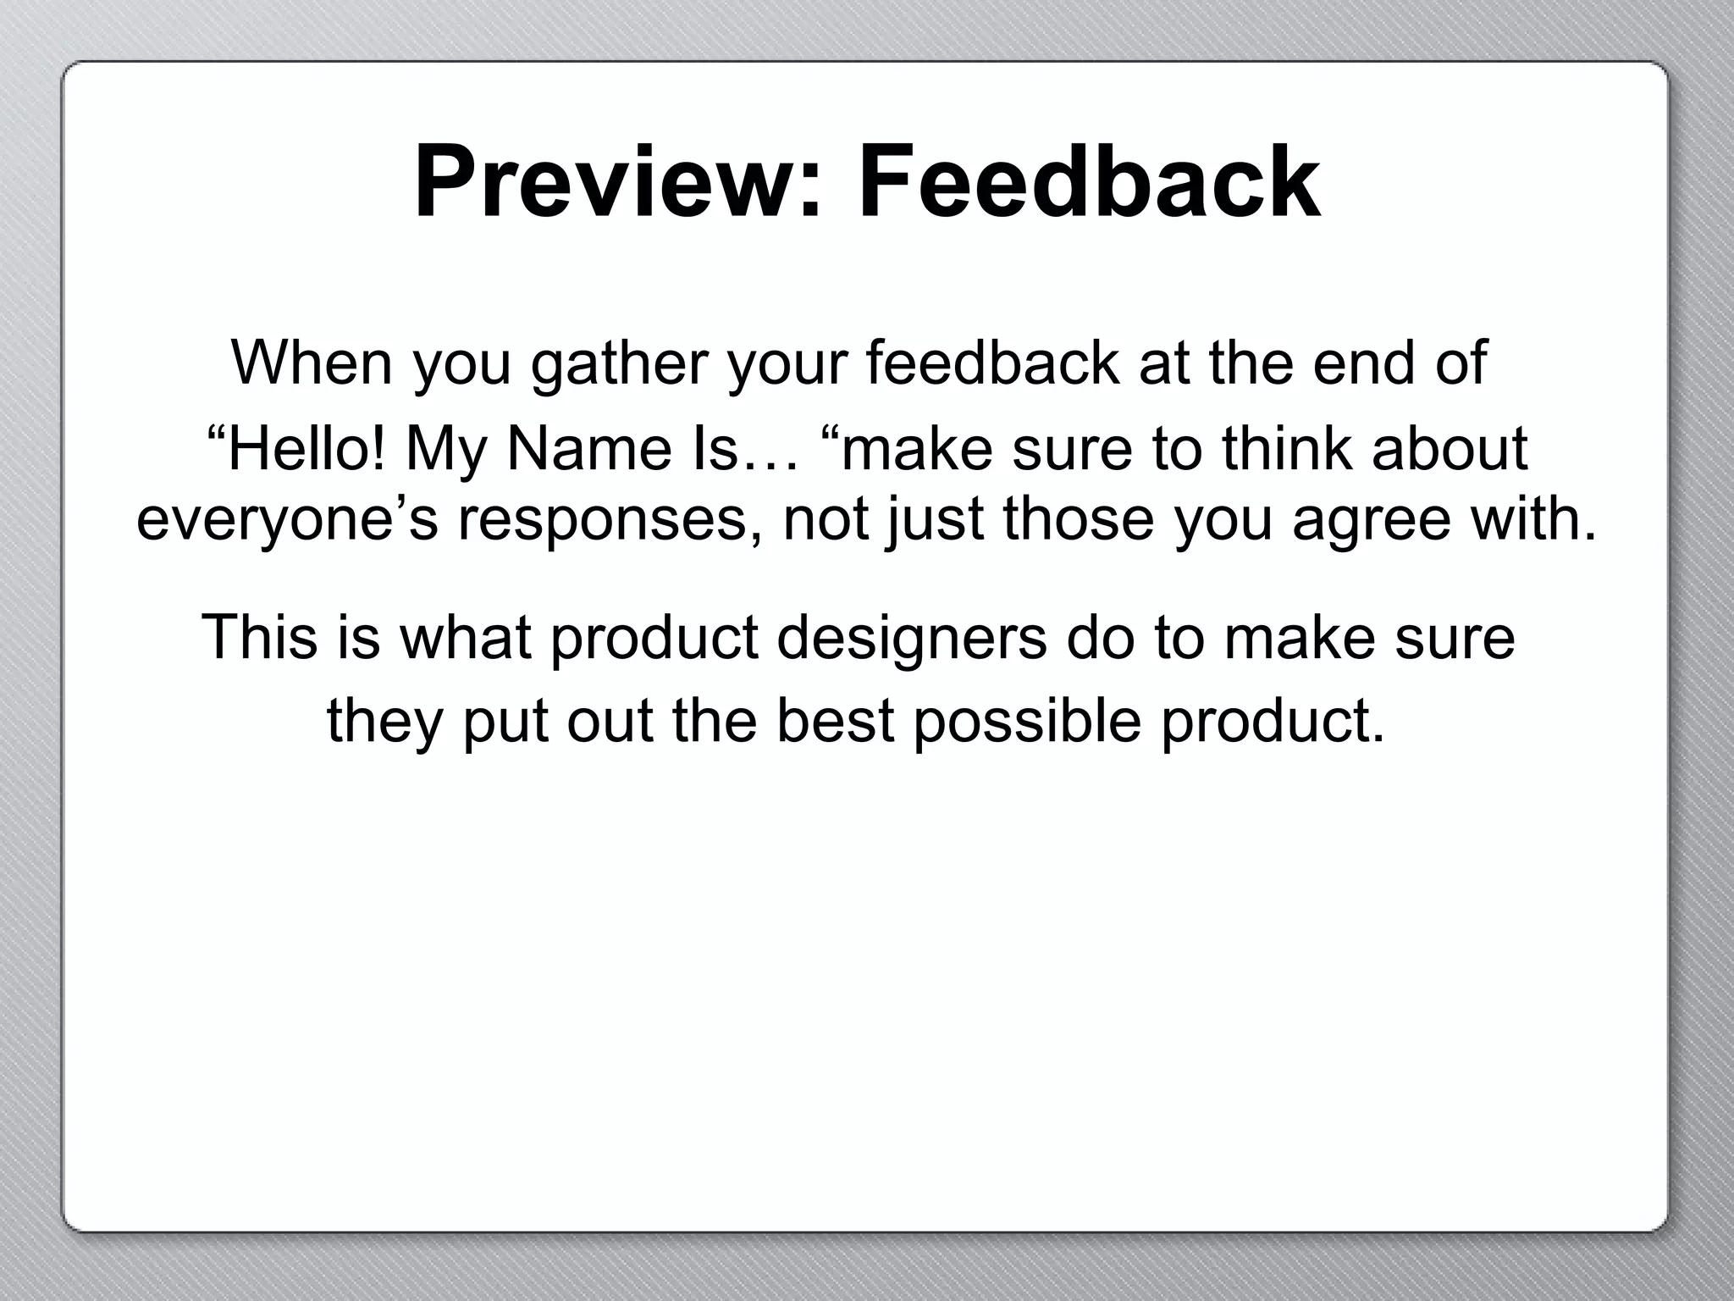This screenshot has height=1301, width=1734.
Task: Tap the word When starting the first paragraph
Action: click(312, 363)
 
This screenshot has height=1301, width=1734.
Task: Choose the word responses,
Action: click(611, 519)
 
